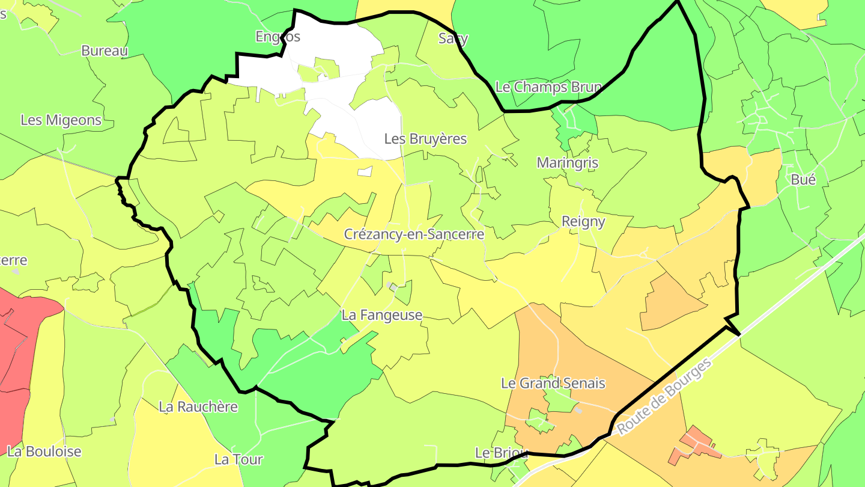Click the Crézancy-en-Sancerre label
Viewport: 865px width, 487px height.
[414, 234]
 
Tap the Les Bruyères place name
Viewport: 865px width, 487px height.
[425, 139]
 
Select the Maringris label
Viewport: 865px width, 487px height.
[567, 163]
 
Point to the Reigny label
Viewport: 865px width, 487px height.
[583, 221]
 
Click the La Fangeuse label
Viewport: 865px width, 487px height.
[382, 315]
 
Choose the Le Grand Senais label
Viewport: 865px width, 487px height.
[553, 383]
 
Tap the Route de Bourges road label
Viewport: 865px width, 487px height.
[664, 397]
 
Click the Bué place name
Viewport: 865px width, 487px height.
[803, 179]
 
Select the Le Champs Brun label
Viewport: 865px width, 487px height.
[548, 87]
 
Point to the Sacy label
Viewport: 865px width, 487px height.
[453, 38]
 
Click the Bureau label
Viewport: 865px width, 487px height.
[105, 51]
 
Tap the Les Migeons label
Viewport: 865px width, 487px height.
[61, 120]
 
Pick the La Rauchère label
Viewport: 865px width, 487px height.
[198, 407]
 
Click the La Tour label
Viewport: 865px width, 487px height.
[238, 460]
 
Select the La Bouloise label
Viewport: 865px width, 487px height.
[44, 452]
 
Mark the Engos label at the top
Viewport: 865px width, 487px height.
[277, 37]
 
